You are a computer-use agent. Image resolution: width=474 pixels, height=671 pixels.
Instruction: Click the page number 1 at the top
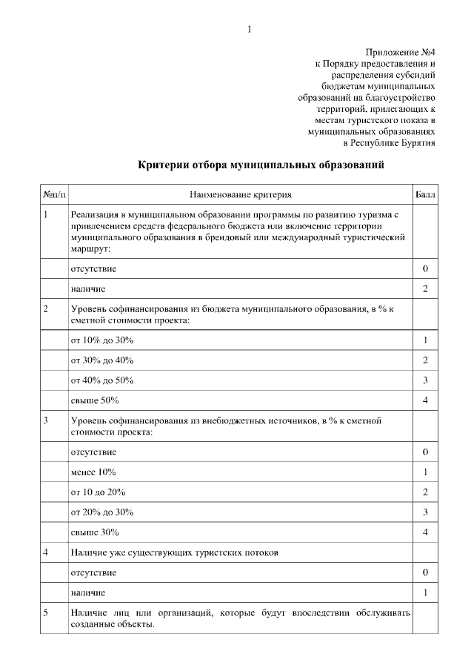[250, 29]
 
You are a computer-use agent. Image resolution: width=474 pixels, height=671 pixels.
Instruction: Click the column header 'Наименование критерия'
[240, 195]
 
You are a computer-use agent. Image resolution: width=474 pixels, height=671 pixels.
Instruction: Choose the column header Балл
[425, 195]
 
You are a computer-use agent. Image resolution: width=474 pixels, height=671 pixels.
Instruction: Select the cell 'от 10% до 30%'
[102, 340]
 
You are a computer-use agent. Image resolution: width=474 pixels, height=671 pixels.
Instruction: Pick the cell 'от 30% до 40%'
[102, 360]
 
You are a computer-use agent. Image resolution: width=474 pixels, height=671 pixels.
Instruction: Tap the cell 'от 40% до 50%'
[102, 380]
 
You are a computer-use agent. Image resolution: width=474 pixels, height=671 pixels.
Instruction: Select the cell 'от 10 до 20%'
[99, 492]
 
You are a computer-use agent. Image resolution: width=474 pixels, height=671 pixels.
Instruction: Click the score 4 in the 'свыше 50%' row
[425, 401]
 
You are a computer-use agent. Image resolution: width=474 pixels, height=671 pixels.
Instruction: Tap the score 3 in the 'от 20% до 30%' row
[425, 512]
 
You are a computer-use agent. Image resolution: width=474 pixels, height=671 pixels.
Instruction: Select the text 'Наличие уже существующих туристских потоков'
[175, 553]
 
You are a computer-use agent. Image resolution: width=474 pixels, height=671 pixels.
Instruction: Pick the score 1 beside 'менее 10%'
[425, 472]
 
